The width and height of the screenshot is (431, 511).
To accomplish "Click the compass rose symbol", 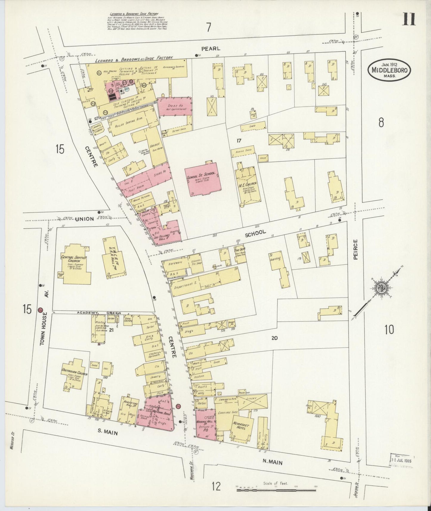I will (382, 288).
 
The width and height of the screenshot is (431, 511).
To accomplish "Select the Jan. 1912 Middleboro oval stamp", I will (390, 70).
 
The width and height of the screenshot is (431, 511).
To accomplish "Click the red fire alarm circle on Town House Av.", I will (40, 310).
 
